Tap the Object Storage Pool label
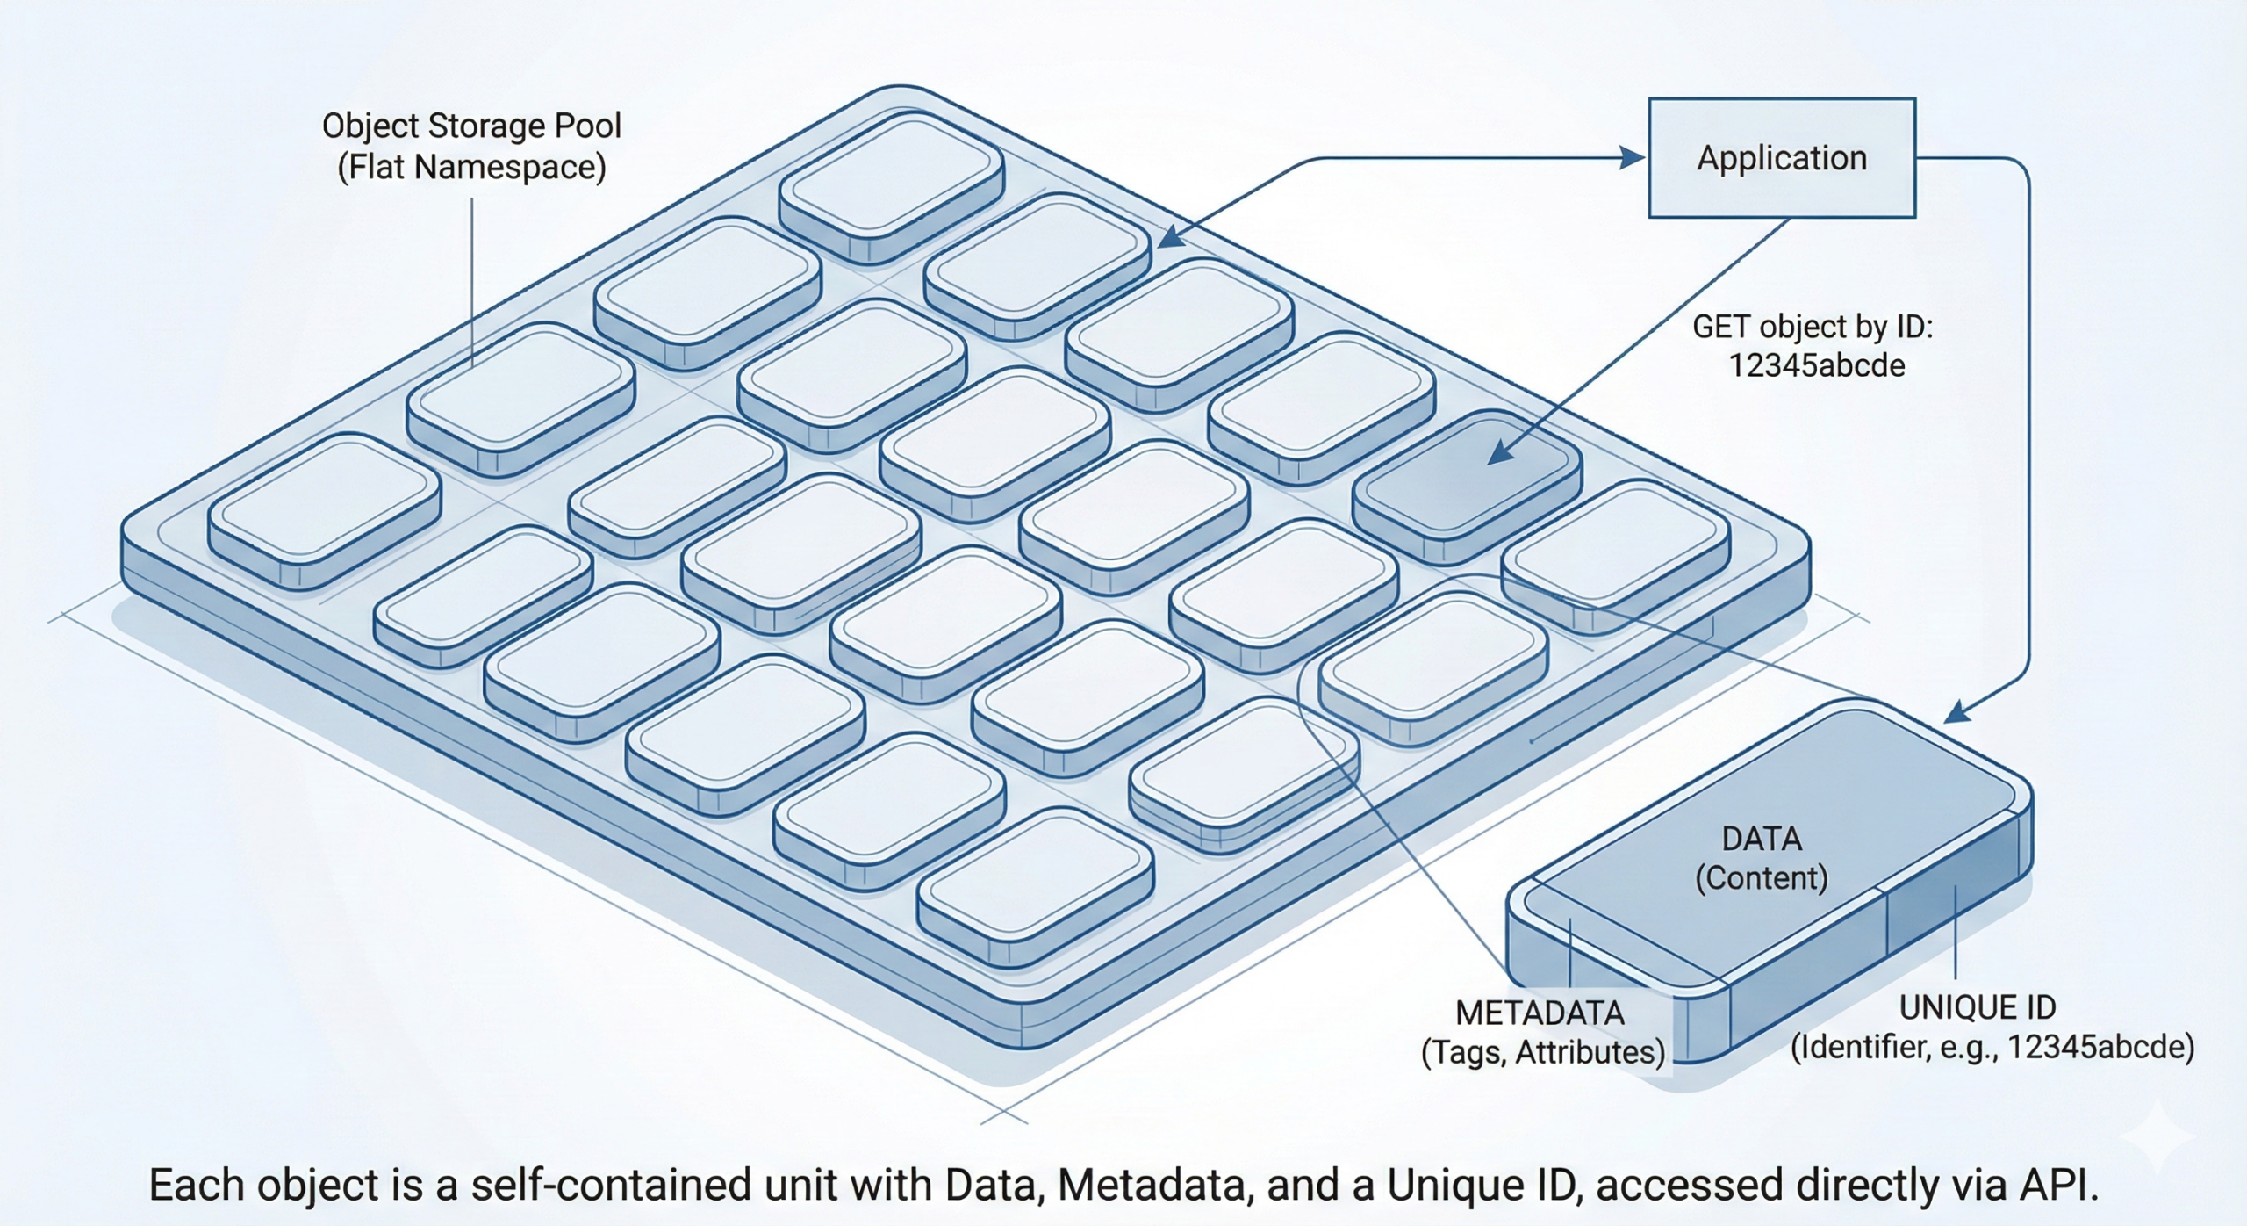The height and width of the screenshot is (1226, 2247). coord(471,126)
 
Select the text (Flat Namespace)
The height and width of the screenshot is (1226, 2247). coord(471,167)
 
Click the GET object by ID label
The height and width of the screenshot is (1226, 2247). coord(1813,327)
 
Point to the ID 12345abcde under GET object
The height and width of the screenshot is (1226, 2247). coord(1816,365)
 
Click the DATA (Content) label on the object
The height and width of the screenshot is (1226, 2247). coord(1761,858)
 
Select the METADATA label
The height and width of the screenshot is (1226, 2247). coord(1540,1013)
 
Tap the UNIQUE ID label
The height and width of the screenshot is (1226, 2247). coord(1977,1007)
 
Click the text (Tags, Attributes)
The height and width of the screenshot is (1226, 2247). coord(1542,1052)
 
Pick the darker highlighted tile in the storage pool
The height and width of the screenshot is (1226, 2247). coord(1466,483)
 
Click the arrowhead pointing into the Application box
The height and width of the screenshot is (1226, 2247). coord(1632,158)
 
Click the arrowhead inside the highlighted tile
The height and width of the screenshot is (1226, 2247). coord(1500,453)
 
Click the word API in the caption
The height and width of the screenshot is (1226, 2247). coord(2062,1185)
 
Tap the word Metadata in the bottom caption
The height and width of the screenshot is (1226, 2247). coord(1152,1185)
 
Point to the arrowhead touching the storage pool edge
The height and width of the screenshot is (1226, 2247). coord(1170,238)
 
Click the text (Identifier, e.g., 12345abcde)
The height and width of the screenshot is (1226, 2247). coord(1992,1047)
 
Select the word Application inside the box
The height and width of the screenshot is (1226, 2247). coord(1781,158)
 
